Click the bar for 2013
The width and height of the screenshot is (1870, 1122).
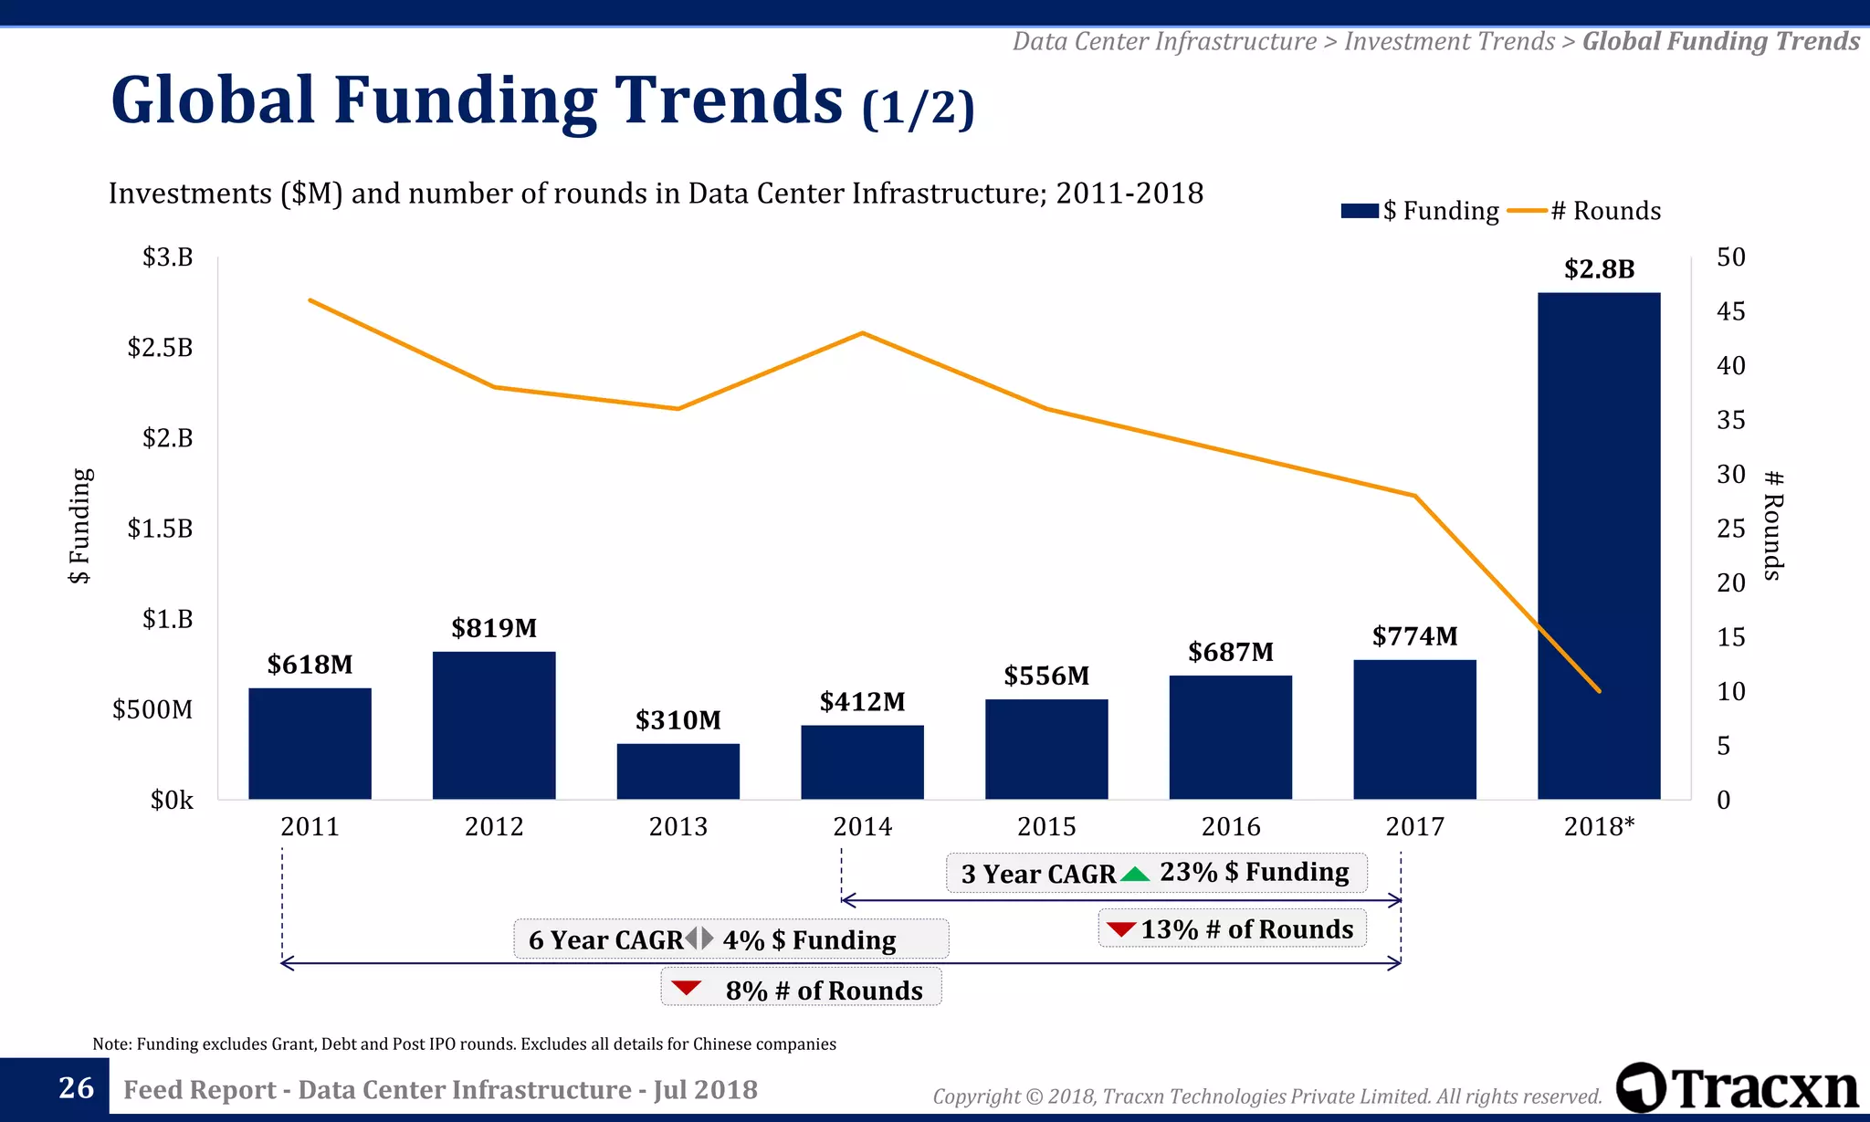point(678,771)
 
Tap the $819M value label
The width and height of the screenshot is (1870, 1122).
point(494,628)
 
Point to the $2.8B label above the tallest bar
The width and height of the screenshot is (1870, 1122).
point(1599,269)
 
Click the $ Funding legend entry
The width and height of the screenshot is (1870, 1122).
point(1420,211)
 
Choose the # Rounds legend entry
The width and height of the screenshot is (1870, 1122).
point(1584,211)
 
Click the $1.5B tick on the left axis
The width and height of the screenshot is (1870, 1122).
point(160,529)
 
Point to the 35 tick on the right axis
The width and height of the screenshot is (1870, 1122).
point(1730,420)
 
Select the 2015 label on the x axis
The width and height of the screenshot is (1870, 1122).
point(1046,827)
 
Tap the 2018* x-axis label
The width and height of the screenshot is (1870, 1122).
point(1599,827)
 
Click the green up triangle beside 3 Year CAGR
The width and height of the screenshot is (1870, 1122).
point(1135,874)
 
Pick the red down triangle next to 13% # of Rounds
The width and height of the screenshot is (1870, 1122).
point(1120,929)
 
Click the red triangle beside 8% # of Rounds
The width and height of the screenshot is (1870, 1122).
point(686,988)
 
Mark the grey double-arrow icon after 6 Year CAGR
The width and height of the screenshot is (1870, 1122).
point(699,938)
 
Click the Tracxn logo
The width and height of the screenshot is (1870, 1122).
point(1737,1088)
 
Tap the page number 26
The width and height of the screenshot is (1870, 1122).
point(76,1088)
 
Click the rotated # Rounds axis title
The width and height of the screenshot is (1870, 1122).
point(1772,526)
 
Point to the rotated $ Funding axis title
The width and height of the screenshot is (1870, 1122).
point(80,526)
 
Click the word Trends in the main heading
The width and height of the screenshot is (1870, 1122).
point(728,100)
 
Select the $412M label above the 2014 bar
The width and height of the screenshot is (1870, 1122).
point(862,702)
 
